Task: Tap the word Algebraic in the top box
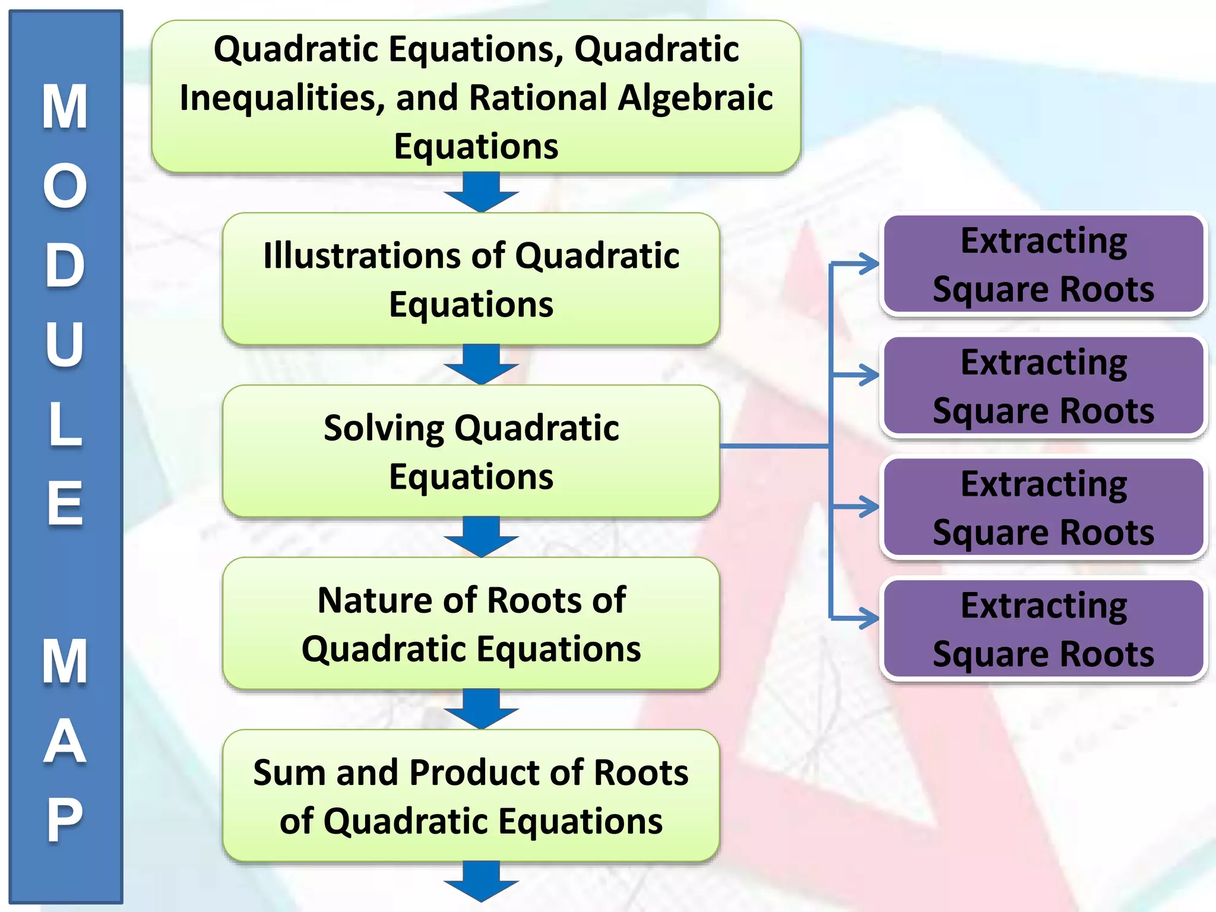point(695,98)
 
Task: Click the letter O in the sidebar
point(65,186)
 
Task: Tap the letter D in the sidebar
point(65,265)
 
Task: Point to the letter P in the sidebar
point(65,820)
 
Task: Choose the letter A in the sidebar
point(65,741)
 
